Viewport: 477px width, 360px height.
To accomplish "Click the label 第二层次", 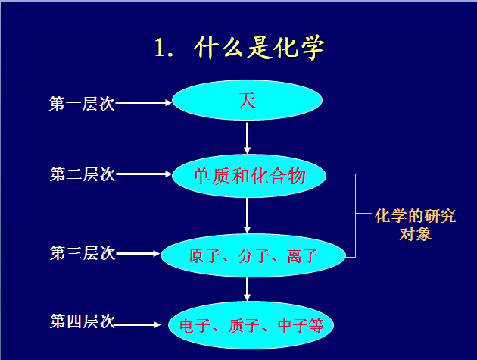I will pyautogui.click(x=82, y=174).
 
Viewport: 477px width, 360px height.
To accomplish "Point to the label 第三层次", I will pyautogui.click(x=82, y=253).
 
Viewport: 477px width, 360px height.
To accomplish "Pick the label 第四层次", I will pyautogui.click(x=82, y=321).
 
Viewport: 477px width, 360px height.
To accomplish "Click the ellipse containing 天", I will pyautogui.click(x=248, y=102).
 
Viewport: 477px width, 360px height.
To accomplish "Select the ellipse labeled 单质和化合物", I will pyautogui.click(x=250, y=177).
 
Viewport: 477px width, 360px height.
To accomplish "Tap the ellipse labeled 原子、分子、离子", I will pyautogui.click(x=252, y=255).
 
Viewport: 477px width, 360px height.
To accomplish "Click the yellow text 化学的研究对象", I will pyautogui.click(x=415, y=224).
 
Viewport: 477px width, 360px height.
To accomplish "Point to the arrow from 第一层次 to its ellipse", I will pyautogui.click(x=144, y=103).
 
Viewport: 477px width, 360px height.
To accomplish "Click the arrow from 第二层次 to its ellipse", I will pyautogui.click(x=144, y=174).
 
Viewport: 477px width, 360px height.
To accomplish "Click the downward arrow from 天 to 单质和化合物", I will pyautogui.click(x=248, y=138).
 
